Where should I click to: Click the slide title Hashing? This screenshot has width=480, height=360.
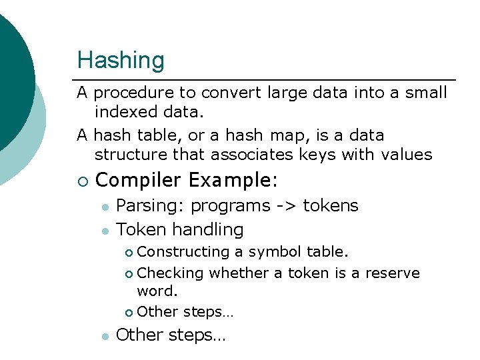[121, 60]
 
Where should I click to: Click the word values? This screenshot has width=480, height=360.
[407, 155]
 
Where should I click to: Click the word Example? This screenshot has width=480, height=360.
[233, 181]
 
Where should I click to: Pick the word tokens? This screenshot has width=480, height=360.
[331, 206]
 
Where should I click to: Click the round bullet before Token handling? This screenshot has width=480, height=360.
[105, 231]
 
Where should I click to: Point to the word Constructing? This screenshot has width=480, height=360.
[183, 252]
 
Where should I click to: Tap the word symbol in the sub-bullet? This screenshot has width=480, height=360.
[275, 252]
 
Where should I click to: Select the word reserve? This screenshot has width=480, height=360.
[393, 273]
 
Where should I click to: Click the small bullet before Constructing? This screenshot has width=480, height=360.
[129, 253]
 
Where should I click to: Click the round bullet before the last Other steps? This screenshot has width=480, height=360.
[105, 337]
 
